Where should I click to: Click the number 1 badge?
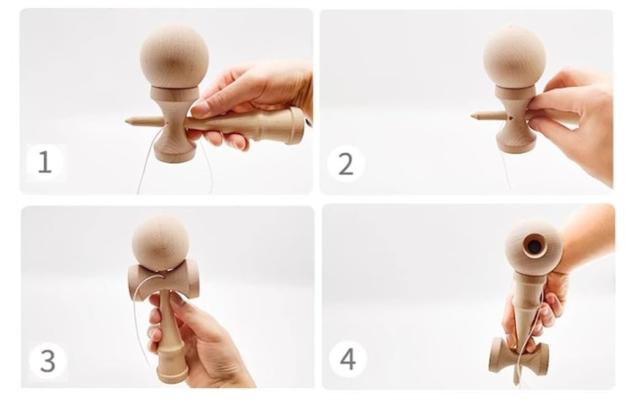pyautogui.click(x=45, y=162)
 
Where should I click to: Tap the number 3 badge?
pyautogui.click(x=47, y=360)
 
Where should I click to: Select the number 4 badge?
pyautogui.click(x=347, y=360)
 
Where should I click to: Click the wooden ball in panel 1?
pyautogui.click(x=173, y=55)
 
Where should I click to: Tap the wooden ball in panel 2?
pyautogui.click(x=514, y=55)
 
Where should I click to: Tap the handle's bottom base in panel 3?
pyautogui.click(x=173, y=372)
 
